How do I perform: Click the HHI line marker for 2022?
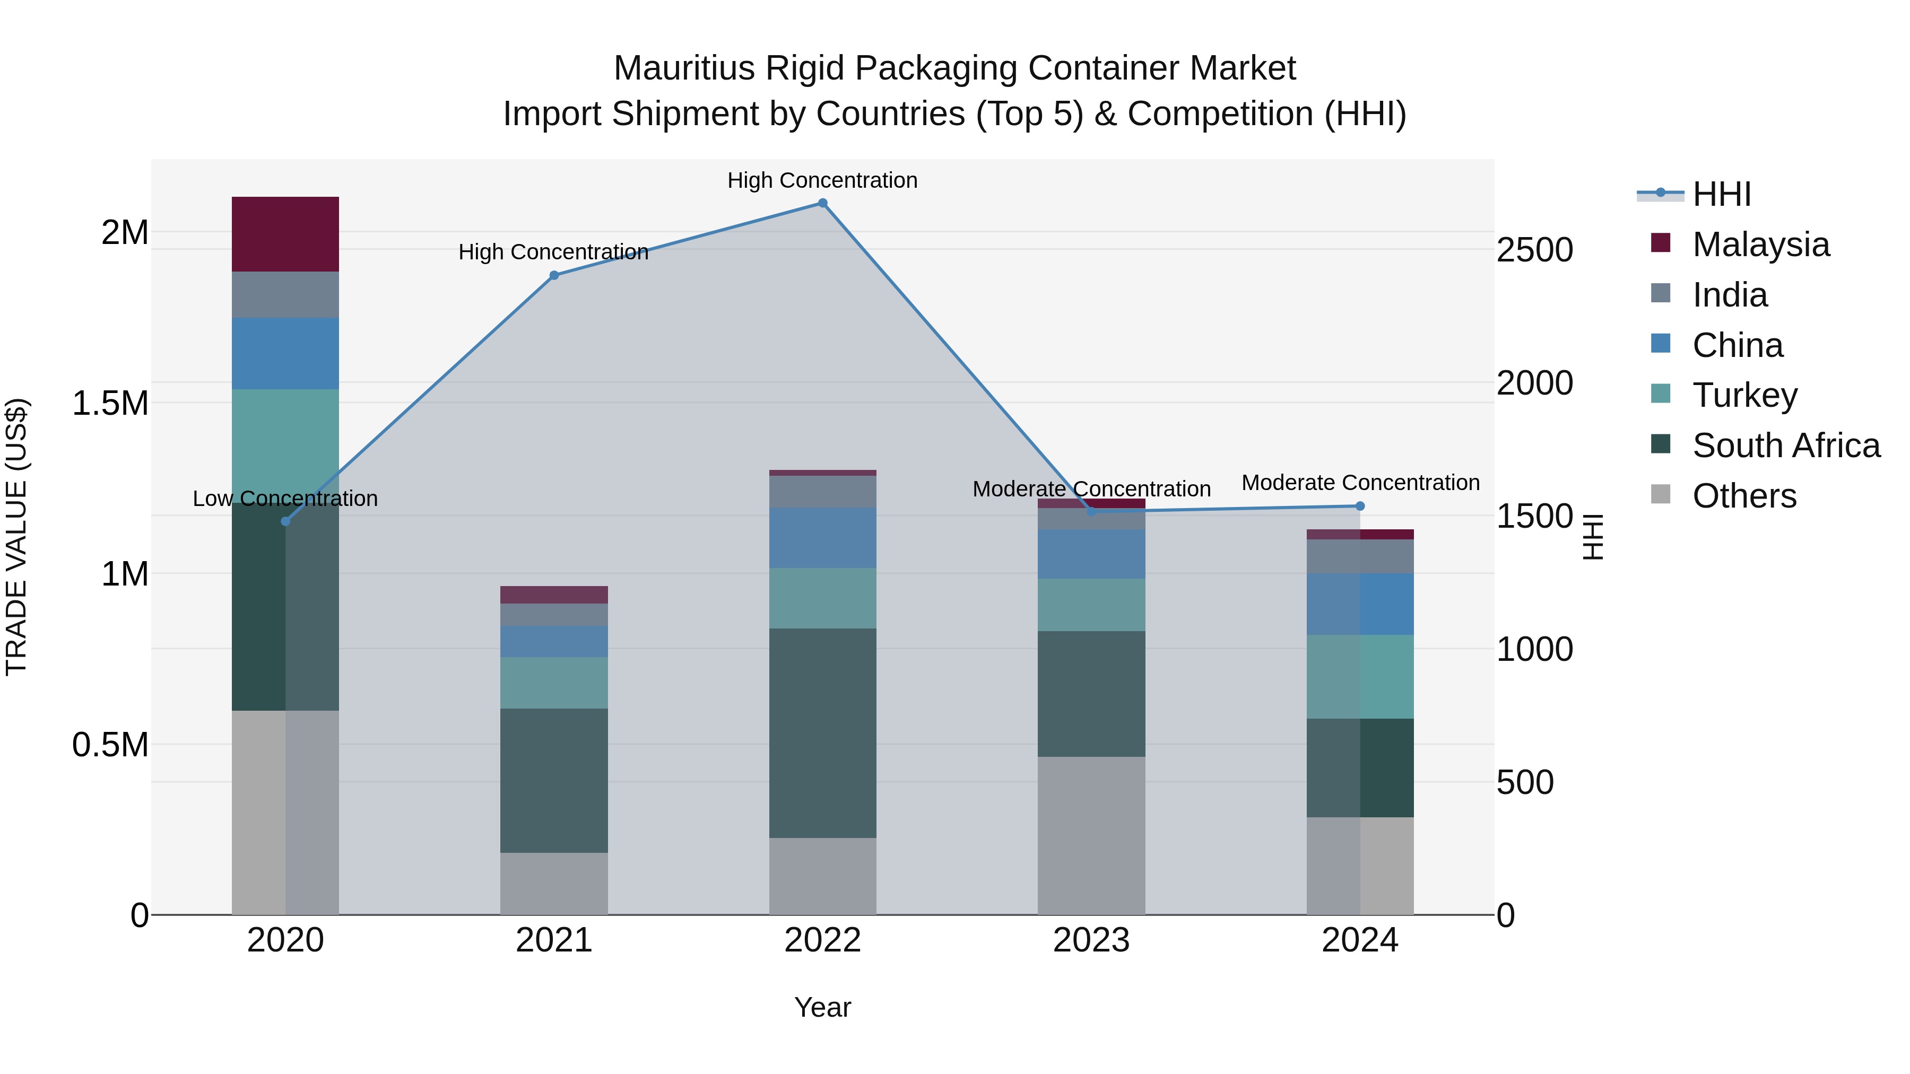pyautogui.click(x=822, y=203)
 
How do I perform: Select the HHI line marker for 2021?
pyautogui.click(x=554, y=275)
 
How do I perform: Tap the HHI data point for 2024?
pyautogui.click(x=1360, y=507)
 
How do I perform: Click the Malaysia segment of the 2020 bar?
pyautogui.click(x=285, y=234)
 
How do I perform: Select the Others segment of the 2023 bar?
pyautogui.click(x=1091, y=835)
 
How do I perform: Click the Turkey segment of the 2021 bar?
pyautogui.click(x=554, y=683)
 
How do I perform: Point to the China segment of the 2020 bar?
pyautogui.click(x=285, y=354)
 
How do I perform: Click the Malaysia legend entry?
pyautogui.click(x=1760, y=245)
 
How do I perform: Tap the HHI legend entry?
pyautogui.click(x=1721, y=194)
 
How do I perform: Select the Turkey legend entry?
pyautogui.click(x=1744, y=395)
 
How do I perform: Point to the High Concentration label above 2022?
pyautogui.click(x=822, y=181)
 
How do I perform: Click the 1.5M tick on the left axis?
pyautogui.click(x=110, y=404)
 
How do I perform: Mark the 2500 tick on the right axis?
pyautogui.click(x=1534, y=250)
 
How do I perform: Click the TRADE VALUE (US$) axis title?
pyautogui.click(x=16, y=537)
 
